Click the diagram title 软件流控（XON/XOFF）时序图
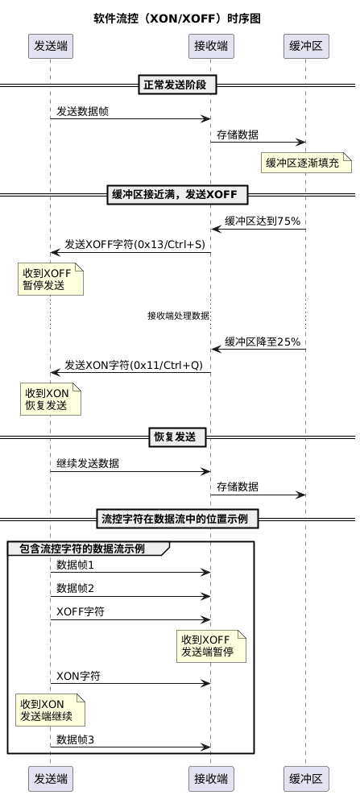(177, 19)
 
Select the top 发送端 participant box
(51, 46)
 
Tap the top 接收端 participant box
(211, 46)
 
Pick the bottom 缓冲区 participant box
(306, 778)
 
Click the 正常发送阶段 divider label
(177, 85)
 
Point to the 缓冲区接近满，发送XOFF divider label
(177, 194)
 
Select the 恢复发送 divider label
(177, 437)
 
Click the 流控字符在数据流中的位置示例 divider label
(177, 519)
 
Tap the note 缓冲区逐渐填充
(306, 164)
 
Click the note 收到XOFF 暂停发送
(51, 279)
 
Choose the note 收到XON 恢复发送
(51, 399)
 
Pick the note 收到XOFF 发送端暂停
(212, 646)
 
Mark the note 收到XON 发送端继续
(50, 710)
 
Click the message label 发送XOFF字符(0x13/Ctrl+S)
(134, 244)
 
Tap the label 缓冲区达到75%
(263, 221)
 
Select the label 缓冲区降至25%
(263, 342)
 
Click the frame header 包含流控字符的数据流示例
(82, 549)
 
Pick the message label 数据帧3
(75, 739)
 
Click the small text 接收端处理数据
(178, 316)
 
